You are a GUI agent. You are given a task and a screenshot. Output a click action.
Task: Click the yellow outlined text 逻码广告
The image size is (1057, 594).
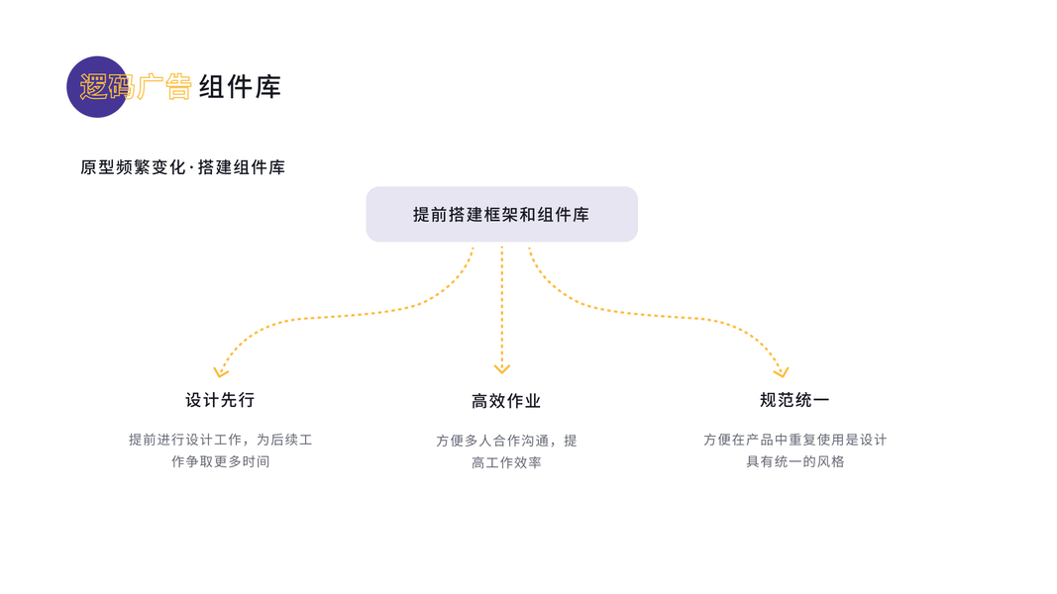tap(136, 87)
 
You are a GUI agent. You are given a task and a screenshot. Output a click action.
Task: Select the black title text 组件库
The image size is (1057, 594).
tap(240, 87)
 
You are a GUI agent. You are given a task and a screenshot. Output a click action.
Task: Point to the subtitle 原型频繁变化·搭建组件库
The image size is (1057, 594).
tap(183, 168)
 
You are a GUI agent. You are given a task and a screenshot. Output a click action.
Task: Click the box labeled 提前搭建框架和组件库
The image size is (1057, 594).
tap(501, 214)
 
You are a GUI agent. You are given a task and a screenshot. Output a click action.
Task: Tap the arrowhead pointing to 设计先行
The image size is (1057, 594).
tap(221, 372)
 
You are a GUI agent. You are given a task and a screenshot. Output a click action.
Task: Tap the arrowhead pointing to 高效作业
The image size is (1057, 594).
tap(502, 368)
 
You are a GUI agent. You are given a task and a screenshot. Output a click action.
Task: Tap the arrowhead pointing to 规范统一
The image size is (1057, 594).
tap(782, 372)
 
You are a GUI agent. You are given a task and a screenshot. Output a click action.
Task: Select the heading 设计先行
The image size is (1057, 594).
tap(220, 400)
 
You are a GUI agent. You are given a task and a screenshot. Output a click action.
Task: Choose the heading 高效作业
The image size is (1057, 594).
tap(506, 401)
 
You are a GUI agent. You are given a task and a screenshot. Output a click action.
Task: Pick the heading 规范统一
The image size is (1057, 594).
tap(794, 400)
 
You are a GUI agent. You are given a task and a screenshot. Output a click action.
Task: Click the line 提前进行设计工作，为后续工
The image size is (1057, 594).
tap(220, 440)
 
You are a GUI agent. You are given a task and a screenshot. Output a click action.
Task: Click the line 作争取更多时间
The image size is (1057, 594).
tap(220, 461)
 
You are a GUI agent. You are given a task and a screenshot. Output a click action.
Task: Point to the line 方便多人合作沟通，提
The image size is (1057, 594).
tap(506, 441)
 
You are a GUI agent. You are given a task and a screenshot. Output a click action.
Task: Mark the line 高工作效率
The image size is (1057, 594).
tap(506, 462)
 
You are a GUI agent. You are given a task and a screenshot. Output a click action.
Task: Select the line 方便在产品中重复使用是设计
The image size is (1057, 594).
tap(794, 440)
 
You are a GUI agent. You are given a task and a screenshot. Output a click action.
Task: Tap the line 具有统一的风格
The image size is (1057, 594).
tap(794, 461)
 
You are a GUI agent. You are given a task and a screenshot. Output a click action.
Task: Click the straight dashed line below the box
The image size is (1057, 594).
tap(502, 307)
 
